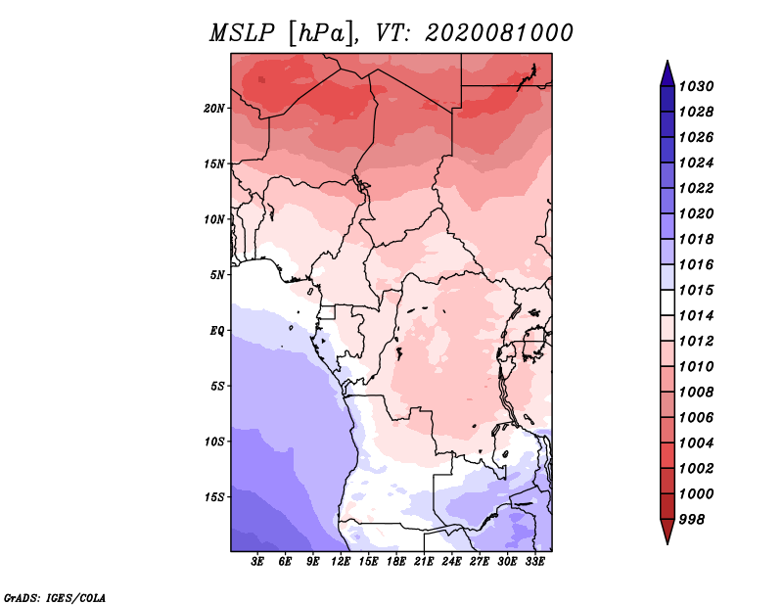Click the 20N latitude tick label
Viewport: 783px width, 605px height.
(x=213, y=109)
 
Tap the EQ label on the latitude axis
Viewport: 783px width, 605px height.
(x=216, y=331)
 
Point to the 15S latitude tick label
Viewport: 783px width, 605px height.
(x=213, y=497)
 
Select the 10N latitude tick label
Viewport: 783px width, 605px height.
(x=213, y=219)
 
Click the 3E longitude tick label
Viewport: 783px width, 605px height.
(x=257, y=562)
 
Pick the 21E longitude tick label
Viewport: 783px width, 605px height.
(x=424, y=562)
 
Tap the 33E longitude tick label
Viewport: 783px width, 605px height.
(x=534, y=562)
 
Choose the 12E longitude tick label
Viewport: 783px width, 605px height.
(x=341, y=562)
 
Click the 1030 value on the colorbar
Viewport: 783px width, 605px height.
(x=696, y=87)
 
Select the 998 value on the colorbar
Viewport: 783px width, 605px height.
(x=692, y=520)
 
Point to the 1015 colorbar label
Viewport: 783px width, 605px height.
(x=696, y=291)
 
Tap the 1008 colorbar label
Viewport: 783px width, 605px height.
(x=696, y=393)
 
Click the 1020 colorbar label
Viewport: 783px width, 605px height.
(x=696, y=214)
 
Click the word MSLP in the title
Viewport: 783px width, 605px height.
(x=242, y=33)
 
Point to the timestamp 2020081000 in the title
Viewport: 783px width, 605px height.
(x=499, y=33)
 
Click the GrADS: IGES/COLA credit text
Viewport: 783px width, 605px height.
(x=55, y=598)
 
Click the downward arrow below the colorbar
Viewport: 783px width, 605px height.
(x=668, y=531)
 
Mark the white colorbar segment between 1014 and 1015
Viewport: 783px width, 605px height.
(x=668, y=302)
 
